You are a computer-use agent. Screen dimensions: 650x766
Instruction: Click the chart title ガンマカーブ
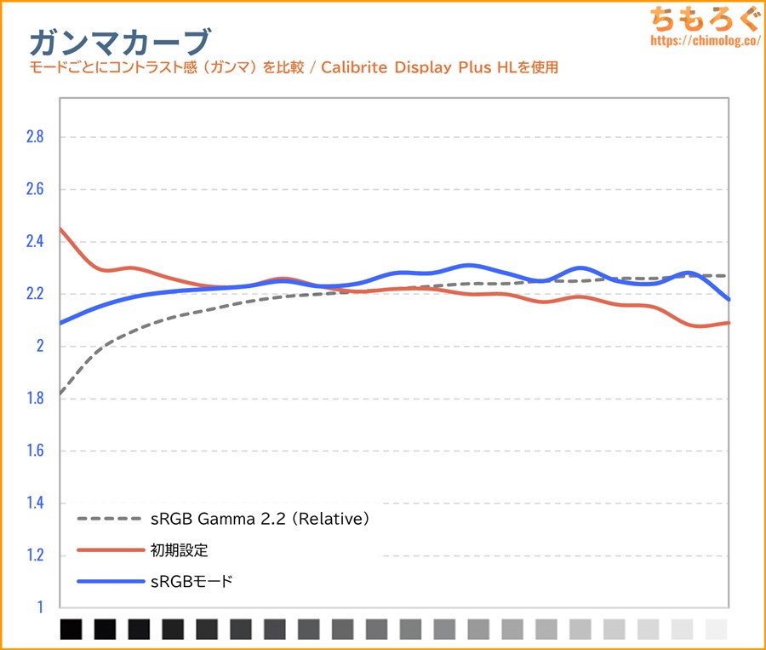pyautogui.click(x=119, y=41)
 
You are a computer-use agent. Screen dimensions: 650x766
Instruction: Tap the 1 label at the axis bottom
pyautogui.click(x=37, y=607)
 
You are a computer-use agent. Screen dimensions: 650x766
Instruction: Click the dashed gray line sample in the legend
pyautogui.click(x=109, y=518)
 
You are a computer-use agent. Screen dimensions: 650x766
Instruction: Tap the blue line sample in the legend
pyautogui.click(x=109, y=582)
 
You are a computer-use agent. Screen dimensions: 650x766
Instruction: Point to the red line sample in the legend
pyautogui.click(x=109, y=550)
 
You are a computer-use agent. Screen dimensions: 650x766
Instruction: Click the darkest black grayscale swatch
pyautogui.click(x=71, y=630)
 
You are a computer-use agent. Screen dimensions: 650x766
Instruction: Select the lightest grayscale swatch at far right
pyautogui.click(x=717, y=630)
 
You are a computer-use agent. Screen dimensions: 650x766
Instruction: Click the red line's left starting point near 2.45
pyautogui.click(x=61, y=229)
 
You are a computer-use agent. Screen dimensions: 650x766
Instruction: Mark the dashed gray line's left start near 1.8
pyautogui.click(x=61, y=393)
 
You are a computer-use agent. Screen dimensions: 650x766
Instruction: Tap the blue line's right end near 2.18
pyautogui.click(x=729, y=299)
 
